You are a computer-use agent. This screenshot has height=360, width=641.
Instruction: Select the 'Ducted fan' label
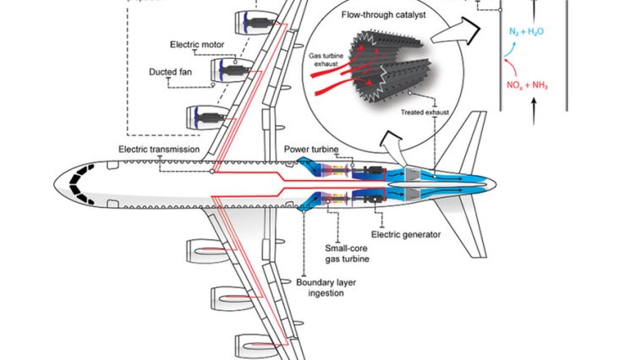176,72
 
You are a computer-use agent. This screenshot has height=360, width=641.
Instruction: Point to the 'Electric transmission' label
160,149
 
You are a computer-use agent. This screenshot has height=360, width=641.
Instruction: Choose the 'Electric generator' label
406,234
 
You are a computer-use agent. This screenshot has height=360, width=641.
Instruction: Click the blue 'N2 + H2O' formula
527,31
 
